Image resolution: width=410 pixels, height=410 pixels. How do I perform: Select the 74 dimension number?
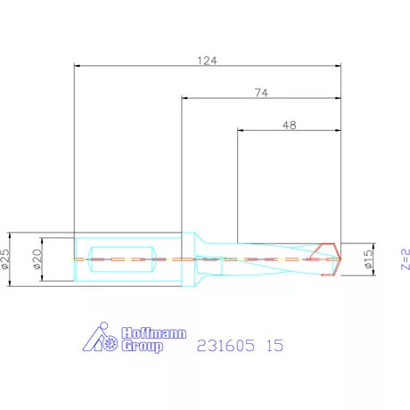(x=261, y=92)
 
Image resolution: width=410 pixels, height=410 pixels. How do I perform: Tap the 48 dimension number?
(x=289, y=126)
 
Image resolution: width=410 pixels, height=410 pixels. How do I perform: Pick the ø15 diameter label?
(x=368, y=258)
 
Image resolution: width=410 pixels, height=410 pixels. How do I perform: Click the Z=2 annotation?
(x=404, y=258)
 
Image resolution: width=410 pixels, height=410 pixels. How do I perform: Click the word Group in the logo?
(x=143, y=345)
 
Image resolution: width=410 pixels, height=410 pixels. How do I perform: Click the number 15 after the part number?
(x=275, y=345)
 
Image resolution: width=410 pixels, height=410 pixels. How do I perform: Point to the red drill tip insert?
(x=328, y=258)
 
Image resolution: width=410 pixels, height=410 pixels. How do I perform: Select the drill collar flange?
(x=189, y=258)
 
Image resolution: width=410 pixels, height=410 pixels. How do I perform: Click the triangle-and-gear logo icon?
(x=101, y=339)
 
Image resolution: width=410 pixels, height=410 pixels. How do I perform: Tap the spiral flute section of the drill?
(x=276, y=258)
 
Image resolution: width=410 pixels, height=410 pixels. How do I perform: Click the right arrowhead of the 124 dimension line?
(x=340, y=65)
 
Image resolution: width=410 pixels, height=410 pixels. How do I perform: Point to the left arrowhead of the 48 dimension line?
(x=241, y=132)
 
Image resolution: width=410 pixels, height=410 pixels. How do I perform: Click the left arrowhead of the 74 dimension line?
(x=184, y=98)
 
